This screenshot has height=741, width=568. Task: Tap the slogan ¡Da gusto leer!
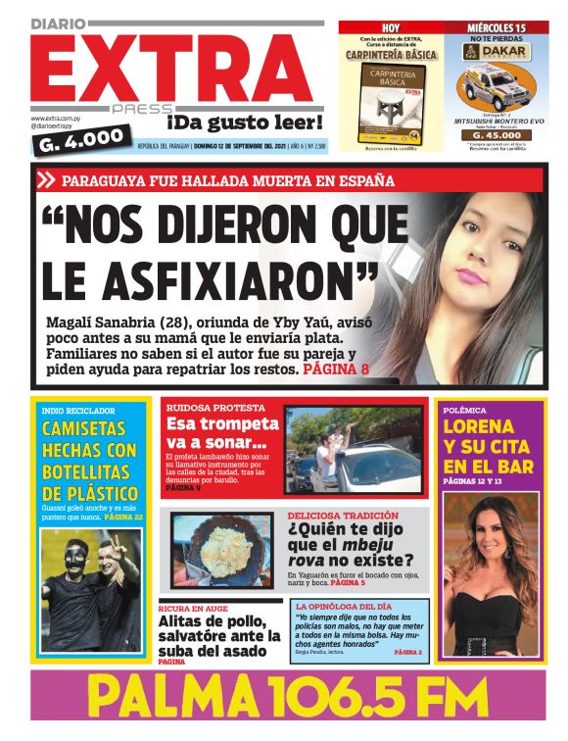point(244,123)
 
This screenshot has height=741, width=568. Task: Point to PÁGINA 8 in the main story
point(337,371)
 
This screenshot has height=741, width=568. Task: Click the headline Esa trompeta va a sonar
point(222,433)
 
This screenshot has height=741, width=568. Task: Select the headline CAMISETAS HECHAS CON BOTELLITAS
point(89,461)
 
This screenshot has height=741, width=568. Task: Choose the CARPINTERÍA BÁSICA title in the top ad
point(391,56)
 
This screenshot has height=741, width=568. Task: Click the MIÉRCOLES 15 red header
point(497,27)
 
